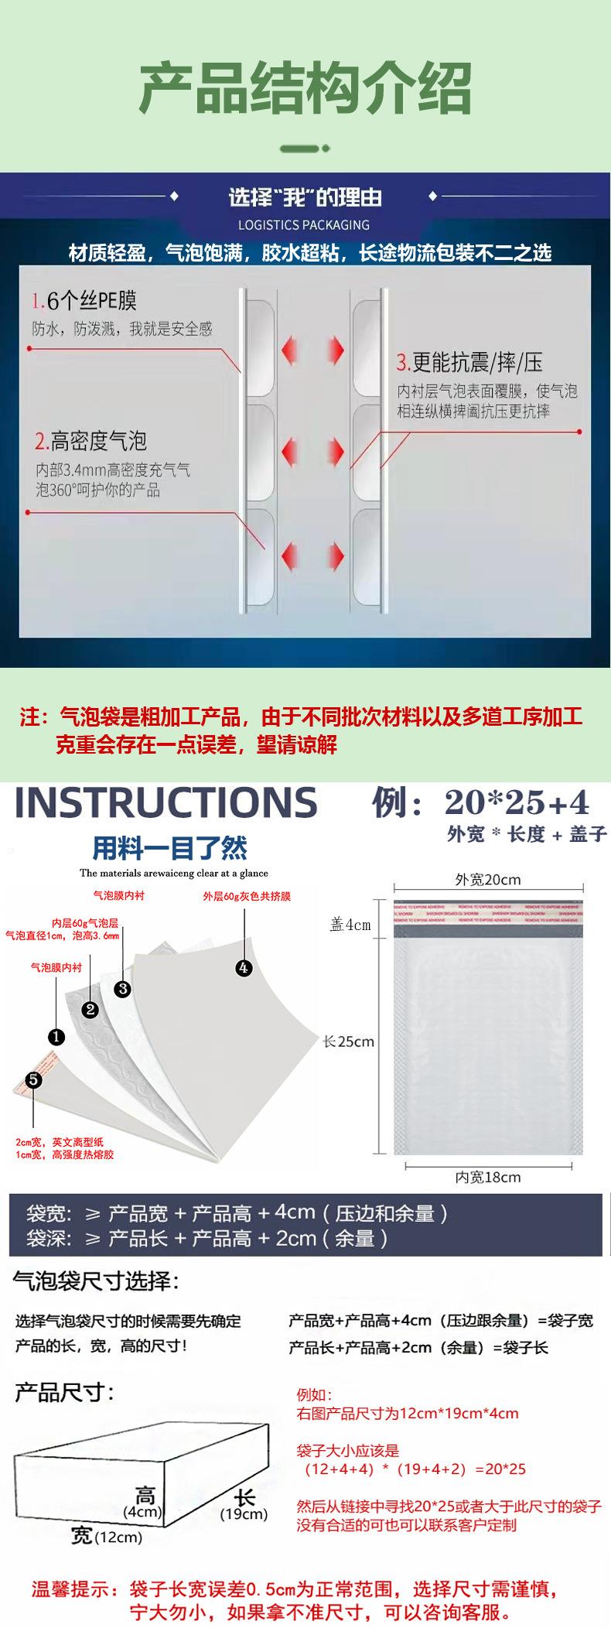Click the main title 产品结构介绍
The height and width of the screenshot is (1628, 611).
click(305, 87)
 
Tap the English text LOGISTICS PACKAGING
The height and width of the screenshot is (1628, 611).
click(304, 225)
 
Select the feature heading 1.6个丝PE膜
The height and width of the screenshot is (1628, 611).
click(84, 301)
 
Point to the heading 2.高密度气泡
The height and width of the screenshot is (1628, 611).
click(90, 441)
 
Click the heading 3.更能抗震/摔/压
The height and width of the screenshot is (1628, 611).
click(469, 361)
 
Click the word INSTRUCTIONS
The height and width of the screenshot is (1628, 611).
click(166, 802)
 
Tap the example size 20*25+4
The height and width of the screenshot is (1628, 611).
click(517, 803)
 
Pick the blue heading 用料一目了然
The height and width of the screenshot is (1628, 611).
click(170, 848)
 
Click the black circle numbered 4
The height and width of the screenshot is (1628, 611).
click(244, 967)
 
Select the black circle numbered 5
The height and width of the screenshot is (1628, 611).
click(33, 1079)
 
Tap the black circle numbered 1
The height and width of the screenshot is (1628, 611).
click(56, 1037)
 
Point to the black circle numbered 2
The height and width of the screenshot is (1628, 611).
click(90, 1009)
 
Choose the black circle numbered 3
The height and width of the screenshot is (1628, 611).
click(123, 988)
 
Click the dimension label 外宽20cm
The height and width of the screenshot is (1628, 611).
click(487, 880)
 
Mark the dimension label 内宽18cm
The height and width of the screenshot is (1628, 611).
click(487, 1177)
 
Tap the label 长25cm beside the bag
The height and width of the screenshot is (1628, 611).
click(349, 1041)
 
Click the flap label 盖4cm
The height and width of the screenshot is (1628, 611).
click(350, 925)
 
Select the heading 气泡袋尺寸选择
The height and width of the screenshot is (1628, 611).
click(96, 1281)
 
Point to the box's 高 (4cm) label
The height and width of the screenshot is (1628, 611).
click(144, 1502)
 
